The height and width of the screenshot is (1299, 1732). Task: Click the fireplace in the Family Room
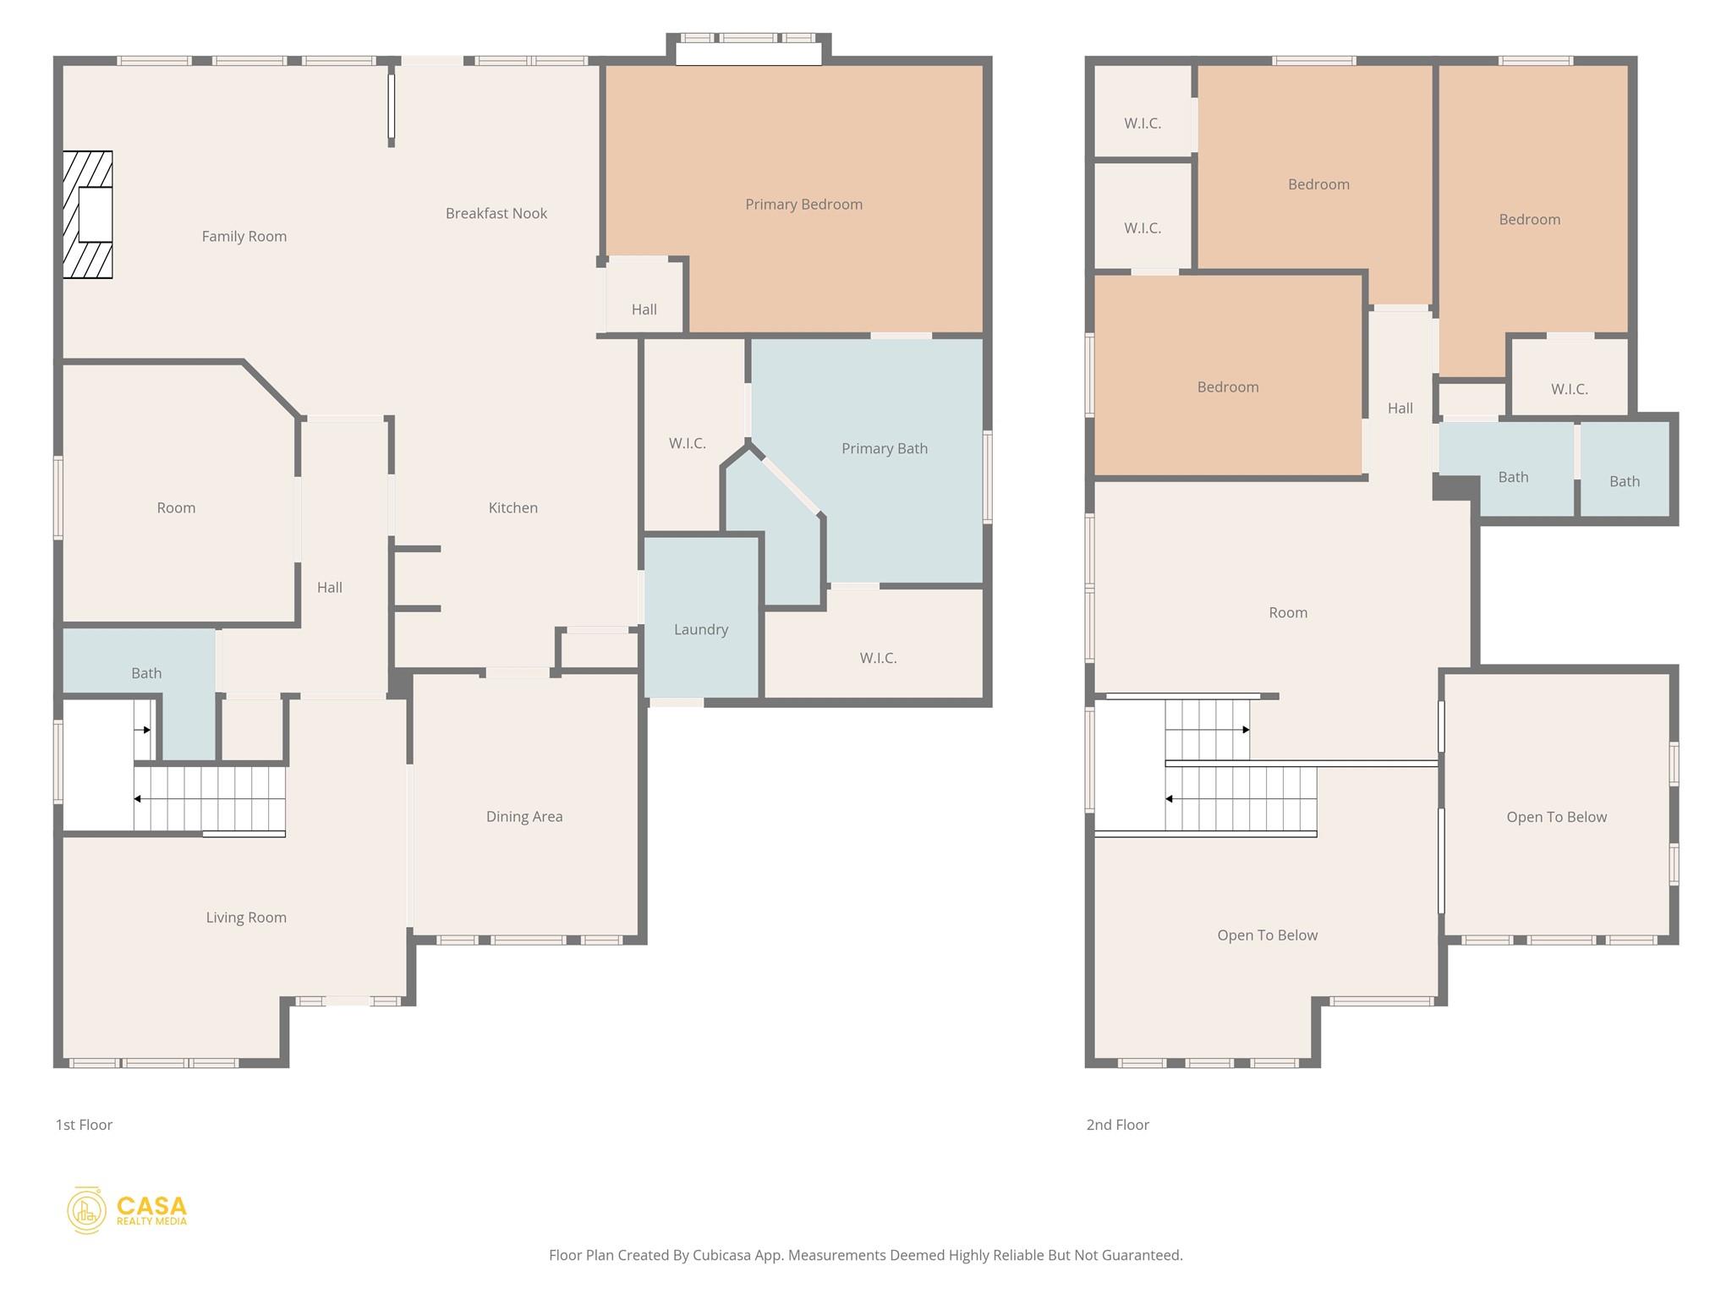click(x=88, y=215)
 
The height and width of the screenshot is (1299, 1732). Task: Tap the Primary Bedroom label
click(x=803, y=205)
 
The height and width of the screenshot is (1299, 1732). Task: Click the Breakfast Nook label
click(x=496, y=214)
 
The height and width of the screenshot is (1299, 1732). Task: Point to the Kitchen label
click(x=513, y=507)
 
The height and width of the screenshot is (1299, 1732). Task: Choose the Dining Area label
click(x=524, y=817)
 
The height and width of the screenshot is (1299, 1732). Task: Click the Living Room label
click(x=246, y=918)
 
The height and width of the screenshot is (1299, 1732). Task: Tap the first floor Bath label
click(x=146, y=673)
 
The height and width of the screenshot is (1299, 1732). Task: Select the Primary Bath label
click(x=885, y=449)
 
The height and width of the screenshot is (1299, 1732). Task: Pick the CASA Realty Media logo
click(x=127, y=1210)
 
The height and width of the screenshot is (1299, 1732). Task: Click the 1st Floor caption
click(x=84, y=1125)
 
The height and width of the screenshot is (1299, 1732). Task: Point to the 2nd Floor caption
click(x=1118, y=1125)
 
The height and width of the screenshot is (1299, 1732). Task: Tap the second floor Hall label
click(x=1400, y=408)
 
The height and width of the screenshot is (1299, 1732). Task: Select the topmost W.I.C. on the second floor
click(x=1143, y=111)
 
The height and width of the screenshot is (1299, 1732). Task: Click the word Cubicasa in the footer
click(x=725, y=1255)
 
